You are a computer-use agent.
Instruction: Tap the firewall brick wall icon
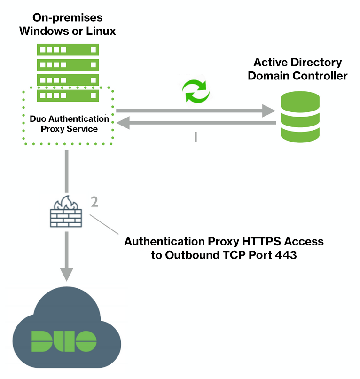(x=67, y=212)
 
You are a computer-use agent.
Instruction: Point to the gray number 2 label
(x=94, y=202)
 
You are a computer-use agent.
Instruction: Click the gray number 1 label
(x=196, y=137)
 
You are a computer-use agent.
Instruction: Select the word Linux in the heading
(x=100, y=32)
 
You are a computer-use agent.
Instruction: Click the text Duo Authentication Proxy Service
(x=69, y=124)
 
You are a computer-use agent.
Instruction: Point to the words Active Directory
(x=297, y=62)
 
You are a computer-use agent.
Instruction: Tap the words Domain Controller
(x=297, y=76)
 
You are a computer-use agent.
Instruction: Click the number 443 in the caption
(x=286, y=255)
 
